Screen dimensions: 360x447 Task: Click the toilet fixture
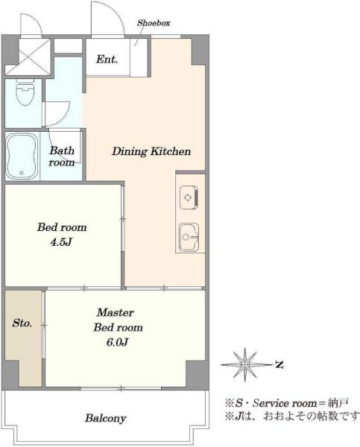click(x=25, y=92)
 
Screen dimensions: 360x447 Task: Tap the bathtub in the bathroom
click(x=22, y=156)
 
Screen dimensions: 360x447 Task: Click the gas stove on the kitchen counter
click(x=189, y=197)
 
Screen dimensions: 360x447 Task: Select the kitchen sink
click(x=189, y=237)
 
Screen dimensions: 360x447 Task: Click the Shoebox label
click(x=154, y=23)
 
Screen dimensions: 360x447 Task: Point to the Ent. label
click(x=107, y=60)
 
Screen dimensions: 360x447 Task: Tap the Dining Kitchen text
click(x=151, y=151)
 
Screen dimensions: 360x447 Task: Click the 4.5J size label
click(x=61, y=242)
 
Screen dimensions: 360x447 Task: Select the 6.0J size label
click(x=117, y=342)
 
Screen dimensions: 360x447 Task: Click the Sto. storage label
click(x=22, y=323)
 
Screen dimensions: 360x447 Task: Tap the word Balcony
click(x=106, y=418)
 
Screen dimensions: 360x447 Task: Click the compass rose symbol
click(x=245, y=364)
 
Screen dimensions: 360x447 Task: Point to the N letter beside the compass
click(x=279, y=364)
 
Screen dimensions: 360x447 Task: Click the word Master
click(x=116, y=313)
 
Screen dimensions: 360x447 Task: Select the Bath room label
click(x=62, y=156)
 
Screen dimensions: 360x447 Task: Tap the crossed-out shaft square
click(x=28, y=57)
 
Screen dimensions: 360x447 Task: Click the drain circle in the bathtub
click(x=22, y=173)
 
